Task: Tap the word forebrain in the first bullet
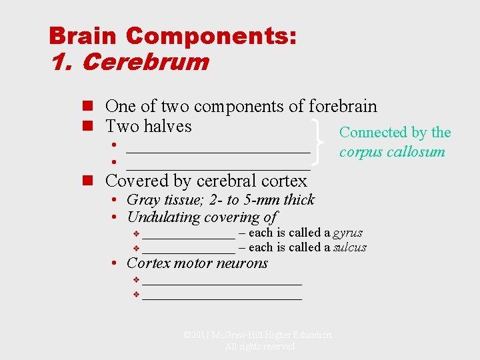coord(343,106)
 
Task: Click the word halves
coord(167,126)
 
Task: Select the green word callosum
coord(415,151)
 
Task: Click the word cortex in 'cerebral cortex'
coord(283,181)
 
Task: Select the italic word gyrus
coord(347,233)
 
